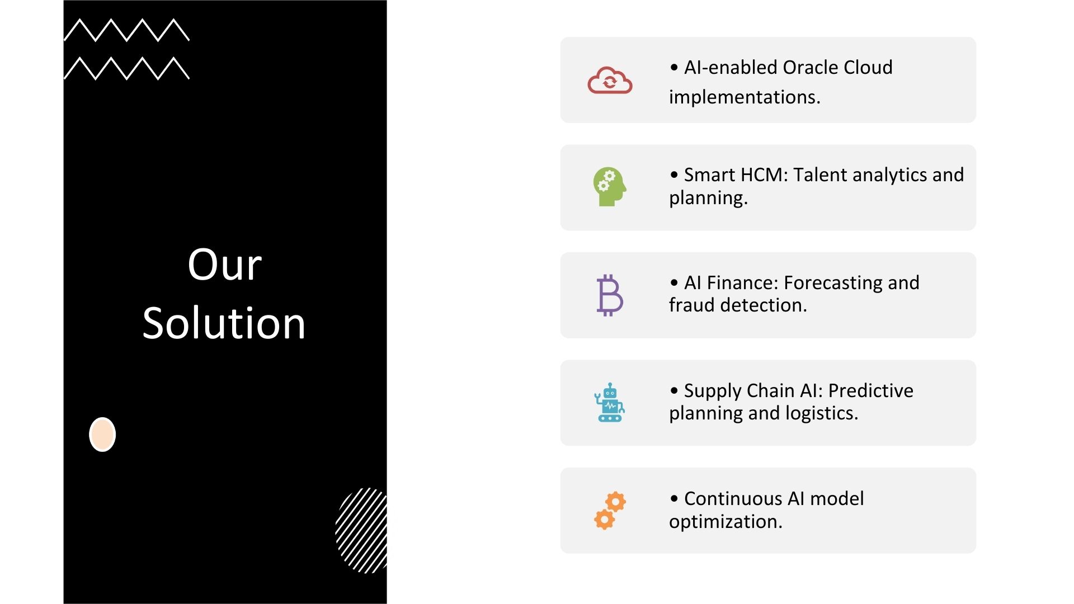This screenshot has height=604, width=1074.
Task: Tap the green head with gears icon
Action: pyautogui.click(x=610, y=187)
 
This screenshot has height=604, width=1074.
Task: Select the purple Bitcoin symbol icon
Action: pyautogui.click(x=610, y=295)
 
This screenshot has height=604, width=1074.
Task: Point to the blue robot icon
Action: pyautogui.click(x=610, y=403)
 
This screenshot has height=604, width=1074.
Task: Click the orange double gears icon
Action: pyautogui.click(x=610, y=511)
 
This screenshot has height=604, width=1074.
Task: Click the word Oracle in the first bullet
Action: pyautogui.click(x=810, y=67)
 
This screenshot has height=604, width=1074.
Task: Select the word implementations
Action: pyautogui.click(x=744, y=97)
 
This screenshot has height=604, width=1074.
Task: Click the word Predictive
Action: pyautogui.click(x=870, y=390)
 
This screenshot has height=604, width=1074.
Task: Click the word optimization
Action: pyautogui.click(x=726, y=522)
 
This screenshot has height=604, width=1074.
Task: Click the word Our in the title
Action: pyautogui.click(x=224, y=265)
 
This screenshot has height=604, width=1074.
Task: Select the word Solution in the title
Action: pyautogui.click(x=224, y=323)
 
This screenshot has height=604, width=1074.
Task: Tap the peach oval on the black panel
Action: pyautogui.click(x=102, y=435)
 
